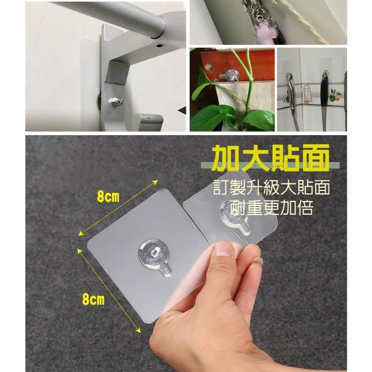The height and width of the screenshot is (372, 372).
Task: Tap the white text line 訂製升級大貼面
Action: coord(271,187)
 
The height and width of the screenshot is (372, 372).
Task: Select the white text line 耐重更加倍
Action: coord(272,208)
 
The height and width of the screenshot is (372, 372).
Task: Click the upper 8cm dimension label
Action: coord(108,197)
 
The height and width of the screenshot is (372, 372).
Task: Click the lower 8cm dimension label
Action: coord(93,299)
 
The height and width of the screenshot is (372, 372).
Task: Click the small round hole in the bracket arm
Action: coord(160,45)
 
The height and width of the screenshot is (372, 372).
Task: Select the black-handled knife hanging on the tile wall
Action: coord(324,100)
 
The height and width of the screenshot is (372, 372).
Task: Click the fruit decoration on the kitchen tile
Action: coord(335,95)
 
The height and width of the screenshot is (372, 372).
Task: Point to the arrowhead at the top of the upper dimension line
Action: coord(156,182)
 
